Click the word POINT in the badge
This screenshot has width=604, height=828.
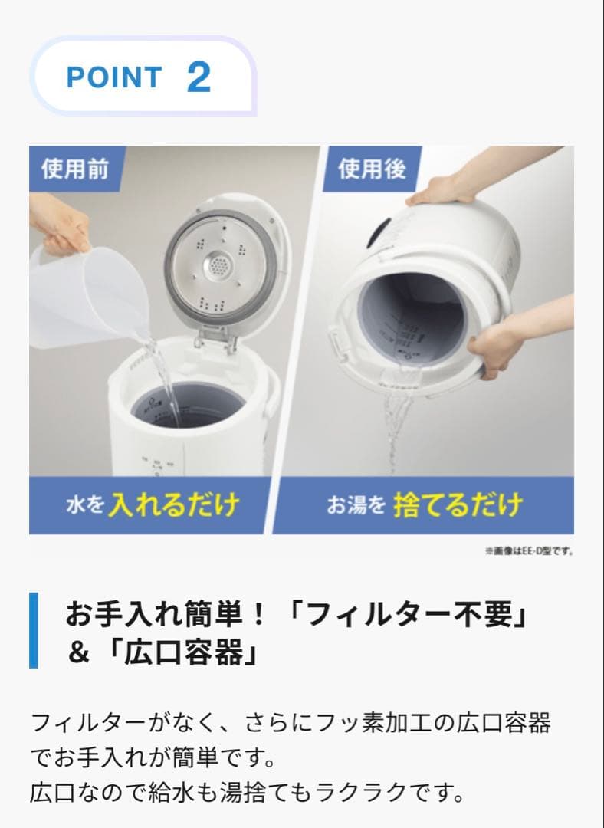(114, 77)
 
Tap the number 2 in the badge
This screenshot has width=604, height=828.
(199, 77)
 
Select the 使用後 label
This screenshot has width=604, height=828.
(373, 169)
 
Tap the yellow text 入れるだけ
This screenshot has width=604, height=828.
(173, 505)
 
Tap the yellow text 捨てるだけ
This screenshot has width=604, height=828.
(458, 505)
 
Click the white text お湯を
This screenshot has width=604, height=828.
(356, 506)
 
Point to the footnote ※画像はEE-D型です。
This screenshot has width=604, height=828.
(529, 550)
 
